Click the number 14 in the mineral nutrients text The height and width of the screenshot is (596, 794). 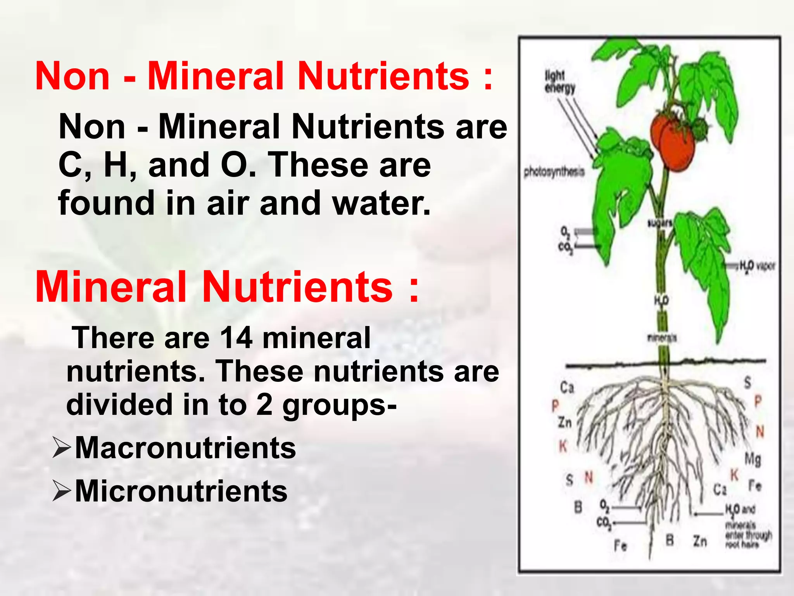point(236,338)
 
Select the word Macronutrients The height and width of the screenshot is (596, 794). point(185,448)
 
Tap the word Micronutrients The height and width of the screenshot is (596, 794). point(181,491)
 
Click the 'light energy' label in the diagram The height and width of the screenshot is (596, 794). point(559,81)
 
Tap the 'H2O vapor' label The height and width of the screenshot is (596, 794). point(756,266)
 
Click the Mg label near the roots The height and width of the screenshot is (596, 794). point(753,459)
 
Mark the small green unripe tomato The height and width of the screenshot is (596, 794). point(700,129)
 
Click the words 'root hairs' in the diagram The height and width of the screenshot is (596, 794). point(742,544)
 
